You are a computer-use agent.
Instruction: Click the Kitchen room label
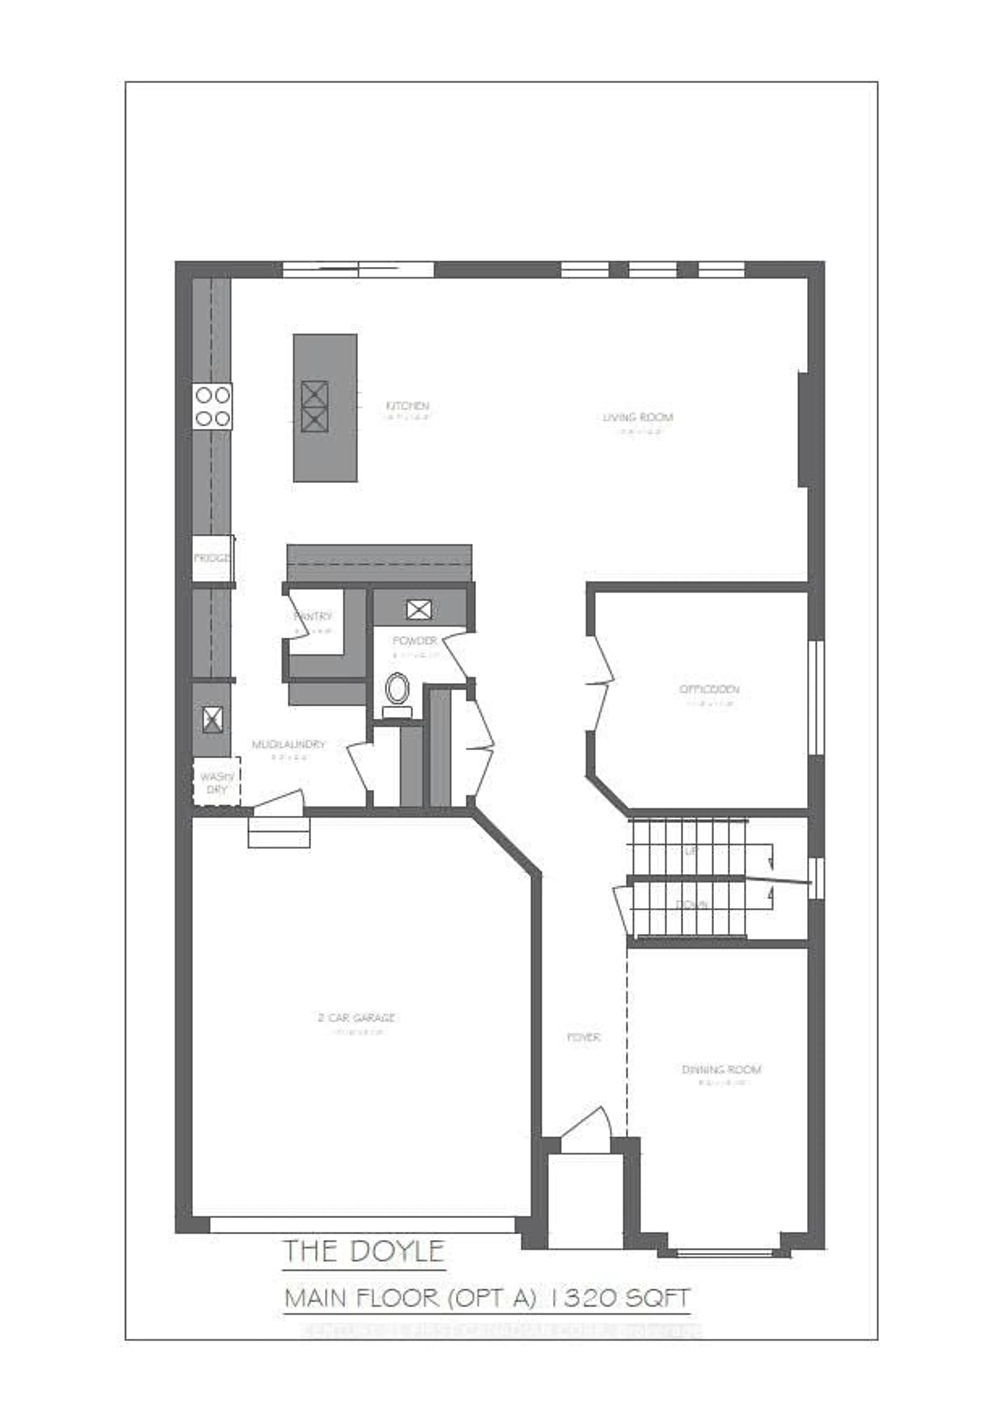coord(407,406)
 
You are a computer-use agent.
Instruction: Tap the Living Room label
coord(638,417)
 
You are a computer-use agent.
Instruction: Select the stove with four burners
coord(213,406)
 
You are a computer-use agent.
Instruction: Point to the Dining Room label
coord(721,1069)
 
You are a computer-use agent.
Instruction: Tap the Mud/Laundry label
coord(288,745)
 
